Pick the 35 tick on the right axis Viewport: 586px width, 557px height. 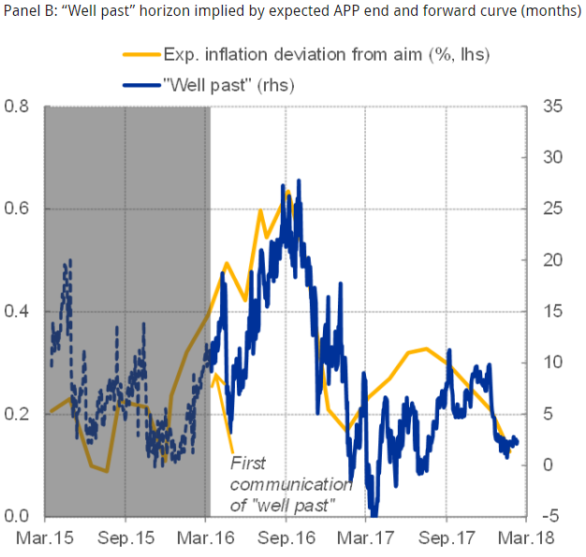551,106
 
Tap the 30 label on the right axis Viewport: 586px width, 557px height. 551,157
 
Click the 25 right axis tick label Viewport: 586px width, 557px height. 551,209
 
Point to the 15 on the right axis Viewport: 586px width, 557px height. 551,312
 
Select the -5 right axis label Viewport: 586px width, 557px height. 551,517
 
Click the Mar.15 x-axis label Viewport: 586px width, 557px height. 45,540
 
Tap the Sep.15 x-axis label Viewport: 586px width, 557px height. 125,540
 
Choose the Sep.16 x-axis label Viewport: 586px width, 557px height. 286,540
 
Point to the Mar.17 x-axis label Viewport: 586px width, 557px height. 366,540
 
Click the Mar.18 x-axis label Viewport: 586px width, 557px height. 526,540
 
